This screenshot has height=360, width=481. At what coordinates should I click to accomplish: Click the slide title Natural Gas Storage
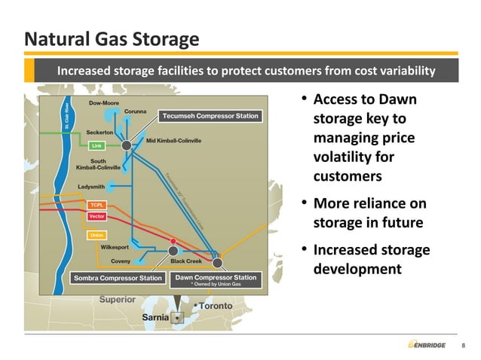112,38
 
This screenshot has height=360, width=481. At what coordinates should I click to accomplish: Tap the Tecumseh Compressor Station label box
209,116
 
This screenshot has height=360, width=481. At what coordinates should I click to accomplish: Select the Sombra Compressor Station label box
118,279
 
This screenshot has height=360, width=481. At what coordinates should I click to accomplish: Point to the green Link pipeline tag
97,145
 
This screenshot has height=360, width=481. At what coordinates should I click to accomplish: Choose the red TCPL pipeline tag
97,205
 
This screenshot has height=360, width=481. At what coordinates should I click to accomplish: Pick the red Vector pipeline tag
97,216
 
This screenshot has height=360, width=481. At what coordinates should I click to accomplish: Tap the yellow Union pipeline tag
97,235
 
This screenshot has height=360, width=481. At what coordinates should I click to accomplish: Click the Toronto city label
217,306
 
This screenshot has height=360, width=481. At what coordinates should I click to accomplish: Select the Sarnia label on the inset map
156,318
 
